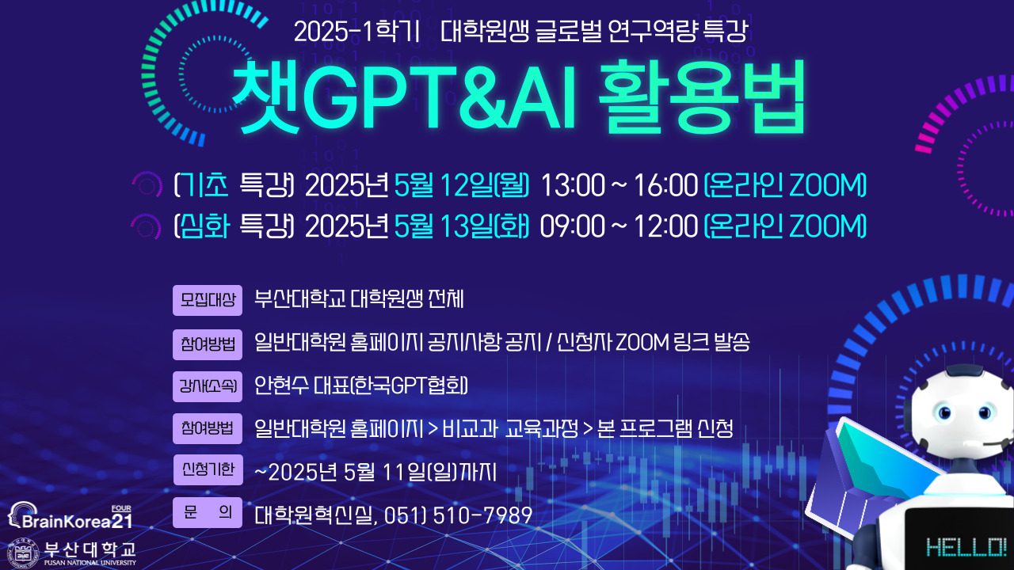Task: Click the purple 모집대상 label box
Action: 208,300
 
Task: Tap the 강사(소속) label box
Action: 208,386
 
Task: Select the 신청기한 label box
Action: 208,469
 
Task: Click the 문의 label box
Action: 208,512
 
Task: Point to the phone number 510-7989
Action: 482,515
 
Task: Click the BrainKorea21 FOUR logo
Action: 71,515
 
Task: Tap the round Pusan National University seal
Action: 24,553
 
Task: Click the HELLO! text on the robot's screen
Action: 966,547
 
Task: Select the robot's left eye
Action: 945,412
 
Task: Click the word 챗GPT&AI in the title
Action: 404,97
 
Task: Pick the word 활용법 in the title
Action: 702,97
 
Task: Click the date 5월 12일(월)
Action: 462,185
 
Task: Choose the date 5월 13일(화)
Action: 462,226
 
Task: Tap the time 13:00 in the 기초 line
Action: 573,185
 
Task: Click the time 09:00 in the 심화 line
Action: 573,226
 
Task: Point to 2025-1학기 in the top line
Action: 357,32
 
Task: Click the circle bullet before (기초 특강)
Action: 147,184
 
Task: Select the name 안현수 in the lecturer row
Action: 281,386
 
